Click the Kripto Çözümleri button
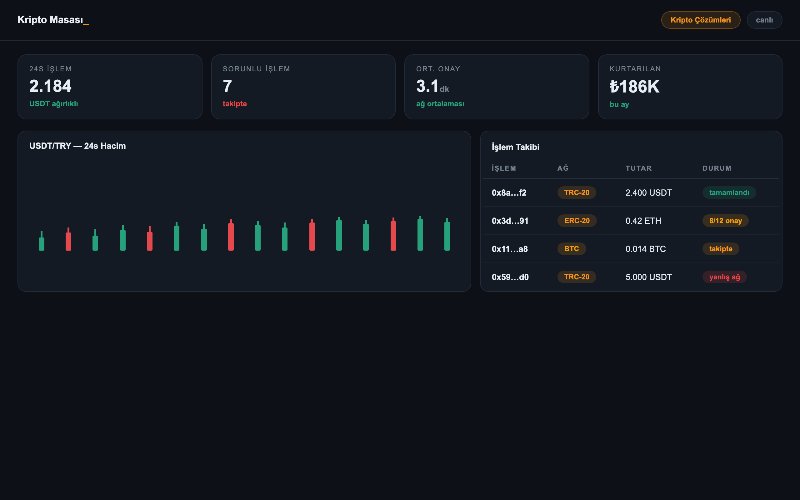coord(701,20)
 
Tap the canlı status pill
coord(764,20)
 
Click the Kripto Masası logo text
coord(53,20)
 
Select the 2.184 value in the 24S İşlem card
coord(50,86)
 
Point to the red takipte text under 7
coord(235,104)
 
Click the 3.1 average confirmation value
coord(427,86)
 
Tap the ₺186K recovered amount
coord(634,87)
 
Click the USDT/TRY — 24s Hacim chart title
coord(78,146)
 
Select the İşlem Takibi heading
coord(515,147)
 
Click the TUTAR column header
coord(639,168)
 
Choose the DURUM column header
coord(717,168)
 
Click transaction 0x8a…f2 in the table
coord(509,192)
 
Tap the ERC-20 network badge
coord(577,221)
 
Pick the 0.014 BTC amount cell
coord(646,249)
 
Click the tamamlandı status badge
coord(729,192)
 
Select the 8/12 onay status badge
coord(726,221)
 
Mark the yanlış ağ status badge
coord(725,277)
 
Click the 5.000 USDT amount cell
coord(649,277)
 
